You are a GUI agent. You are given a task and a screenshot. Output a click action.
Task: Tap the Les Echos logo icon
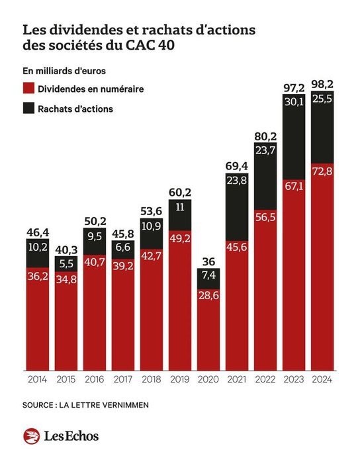31,435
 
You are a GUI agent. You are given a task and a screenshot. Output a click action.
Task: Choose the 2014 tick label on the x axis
38,379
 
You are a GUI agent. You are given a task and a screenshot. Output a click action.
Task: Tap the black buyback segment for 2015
66,263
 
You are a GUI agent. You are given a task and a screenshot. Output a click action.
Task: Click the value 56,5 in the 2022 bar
265,219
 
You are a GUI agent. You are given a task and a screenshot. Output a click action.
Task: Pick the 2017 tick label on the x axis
122,379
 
